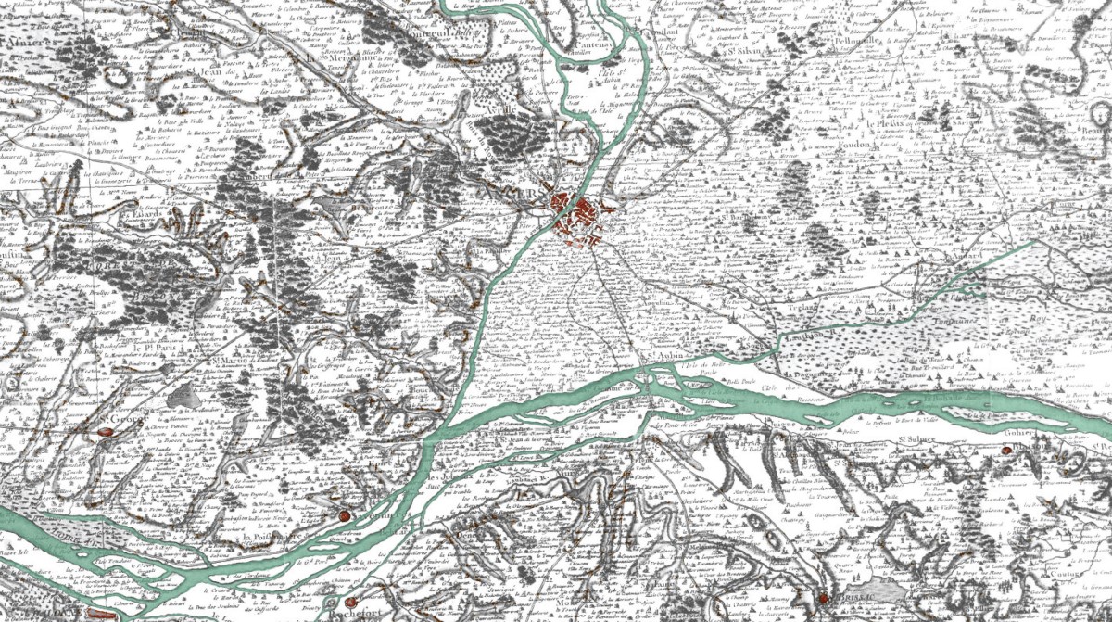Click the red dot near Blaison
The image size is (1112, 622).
click(1006, 451)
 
